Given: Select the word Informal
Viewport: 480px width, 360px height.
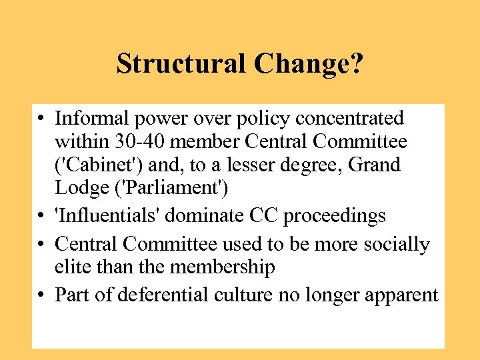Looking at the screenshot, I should (93, 119).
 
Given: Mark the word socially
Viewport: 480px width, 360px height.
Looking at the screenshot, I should (396, 245).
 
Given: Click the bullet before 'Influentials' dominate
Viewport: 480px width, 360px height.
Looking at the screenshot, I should (41, 217).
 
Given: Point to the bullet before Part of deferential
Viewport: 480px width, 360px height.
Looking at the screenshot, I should (41, 295).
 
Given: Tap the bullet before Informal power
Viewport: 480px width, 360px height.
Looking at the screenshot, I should (41, 119).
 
